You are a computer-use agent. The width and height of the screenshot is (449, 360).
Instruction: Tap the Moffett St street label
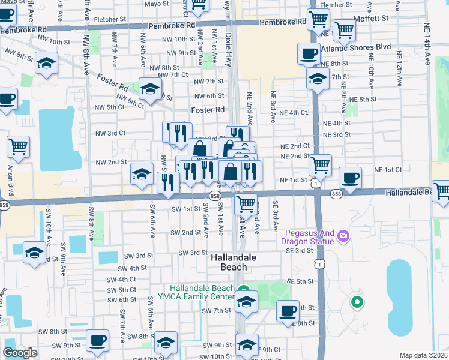pyautogui.click(x=373, y=19)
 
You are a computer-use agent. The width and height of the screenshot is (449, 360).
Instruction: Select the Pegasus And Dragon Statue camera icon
pyautogui.click(x=343, y=235)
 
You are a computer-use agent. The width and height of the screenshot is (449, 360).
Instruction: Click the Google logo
pyautogui.click(x=20, y=353)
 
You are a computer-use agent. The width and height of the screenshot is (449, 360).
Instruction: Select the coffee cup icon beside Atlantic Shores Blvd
pyautogui.click(x=309, y=53)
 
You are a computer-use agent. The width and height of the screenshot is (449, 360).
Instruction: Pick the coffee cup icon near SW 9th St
pyautogui.click(x=97, y=340)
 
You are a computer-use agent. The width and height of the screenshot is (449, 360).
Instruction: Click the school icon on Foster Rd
pyautogui.click(x=150, y=89)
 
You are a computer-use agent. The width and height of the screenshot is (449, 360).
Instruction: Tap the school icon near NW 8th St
pyautogui.click(x=46, y=63)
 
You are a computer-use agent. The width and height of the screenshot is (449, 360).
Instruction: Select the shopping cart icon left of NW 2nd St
pyautogui.click(x=18, y=146)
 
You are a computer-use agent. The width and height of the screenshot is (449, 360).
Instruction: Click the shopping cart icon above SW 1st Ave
pyautogui.click(x=246, y=204)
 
